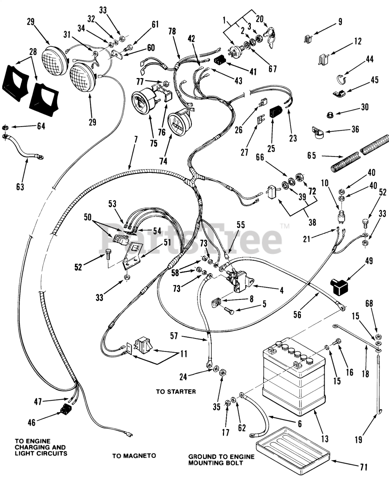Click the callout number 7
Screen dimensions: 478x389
135,140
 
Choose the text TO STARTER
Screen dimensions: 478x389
176,392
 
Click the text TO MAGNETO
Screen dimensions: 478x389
134,456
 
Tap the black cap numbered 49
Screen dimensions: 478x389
337,286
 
